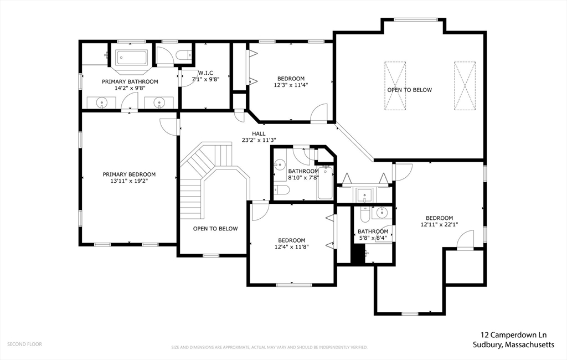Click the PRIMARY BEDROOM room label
click(129, 174)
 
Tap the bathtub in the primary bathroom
click(131, 58)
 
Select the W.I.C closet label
click(205, 73)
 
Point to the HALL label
click(259, 133)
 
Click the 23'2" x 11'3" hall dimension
click(259, 140)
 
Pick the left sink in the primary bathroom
click(102, 103)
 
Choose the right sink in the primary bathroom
click(158, 103)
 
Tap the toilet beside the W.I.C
click(184, 55)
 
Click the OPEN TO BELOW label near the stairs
click(215, 229)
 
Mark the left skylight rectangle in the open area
click(395, 86)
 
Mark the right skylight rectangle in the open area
click(465, 86)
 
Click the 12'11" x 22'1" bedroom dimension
click(439, 224)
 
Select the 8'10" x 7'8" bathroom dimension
click(303, 178)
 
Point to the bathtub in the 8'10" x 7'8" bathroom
click(324, 183)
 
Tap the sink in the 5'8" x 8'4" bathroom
click(381, 213)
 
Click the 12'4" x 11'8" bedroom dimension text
click(291, 247)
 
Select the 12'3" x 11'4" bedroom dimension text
click(291, 85)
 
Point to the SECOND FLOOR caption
click(24, 344)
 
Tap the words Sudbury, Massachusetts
click(513, 344)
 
